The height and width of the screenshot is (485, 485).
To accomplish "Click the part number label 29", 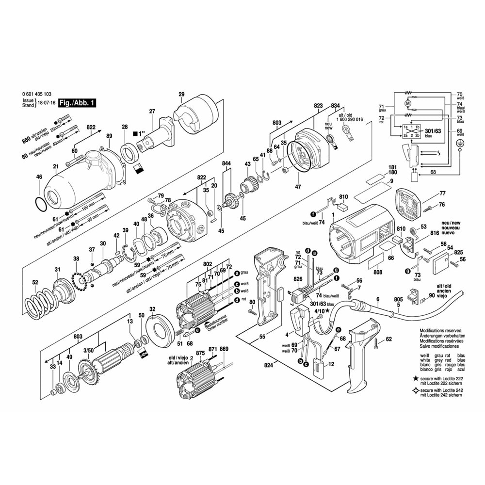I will (x=181, y=94).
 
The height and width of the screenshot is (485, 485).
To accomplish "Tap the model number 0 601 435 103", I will (x=39, y=94).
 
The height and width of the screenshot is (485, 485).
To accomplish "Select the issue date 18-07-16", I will (x=47, y=103).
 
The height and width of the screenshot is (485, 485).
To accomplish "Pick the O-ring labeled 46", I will (x=43, y=203).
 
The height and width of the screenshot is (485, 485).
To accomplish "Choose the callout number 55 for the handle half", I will (x=262, y=336).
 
